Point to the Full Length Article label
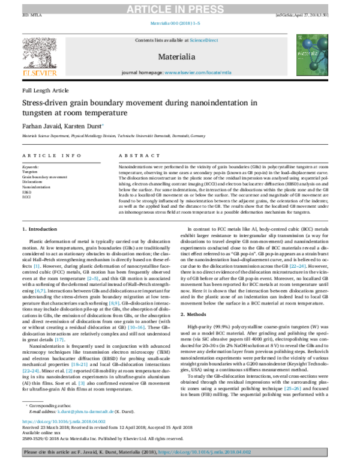pos(46,89)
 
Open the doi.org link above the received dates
pos(64,423)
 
